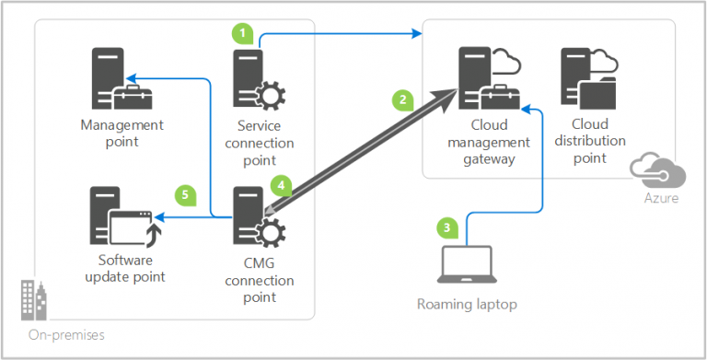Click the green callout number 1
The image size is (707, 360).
pyautogui.click(x=241, y=33)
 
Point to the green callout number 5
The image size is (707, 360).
pyautogui.click(x=185, y=194)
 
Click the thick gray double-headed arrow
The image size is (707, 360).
pyautogui.click(x=364, y=150)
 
